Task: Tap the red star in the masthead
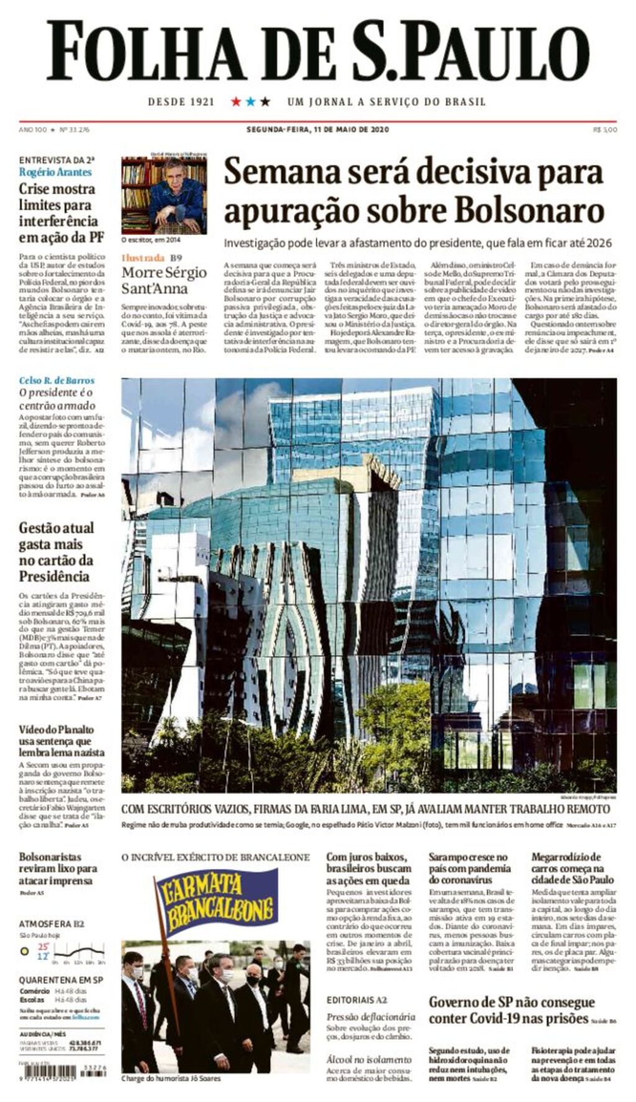tap(236, 101)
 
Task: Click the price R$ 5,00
tap(605, 130)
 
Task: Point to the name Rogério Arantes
tap(55, 172)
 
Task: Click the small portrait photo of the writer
tap(164, 195)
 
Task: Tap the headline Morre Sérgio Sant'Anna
tap(164, 280)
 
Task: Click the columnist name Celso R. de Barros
tap(57, 380)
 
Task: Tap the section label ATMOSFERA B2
tap(52, 924)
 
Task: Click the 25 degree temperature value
tap(43, 947)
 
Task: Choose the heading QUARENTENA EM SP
tap(61, 980)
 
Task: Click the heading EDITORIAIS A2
tap(357, 1000)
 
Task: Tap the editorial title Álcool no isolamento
tap(369, 1059)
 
